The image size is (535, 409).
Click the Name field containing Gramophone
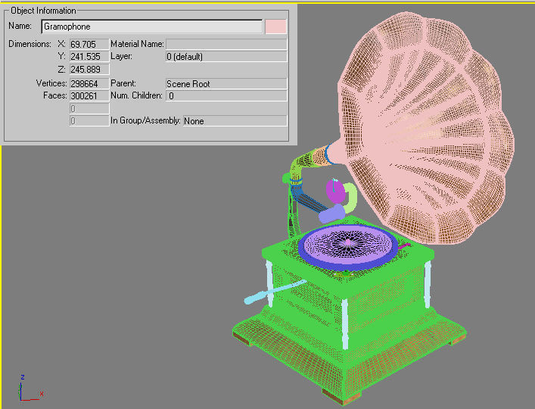click(x=151, y=27)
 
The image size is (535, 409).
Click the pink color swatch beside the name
click(x=276, y=27)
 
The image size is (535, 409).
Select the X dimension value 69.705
click(x=89, y=44)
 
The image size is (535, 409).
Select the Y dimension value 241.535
click(x=89, y=56)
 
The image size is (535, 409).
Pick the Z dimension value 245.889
click(x=89, y=69)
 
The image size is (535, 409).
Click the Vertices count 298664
click(x=89, y=83)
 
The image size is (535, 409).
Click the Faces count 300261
click(x=89, y=95)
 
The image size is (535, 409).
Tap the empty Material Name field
click(x=226, y=44)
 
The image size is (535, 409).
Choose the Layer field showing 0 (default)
click(x=226, y=56)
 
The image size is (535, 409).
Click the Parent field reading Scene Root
click(x=226, y=83)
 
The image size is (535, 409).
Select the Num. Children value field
click(x=226, y=95)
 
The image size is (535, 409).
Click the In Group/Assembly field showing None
click(x=235, y=120)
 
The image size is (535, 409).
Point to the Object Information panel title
click(x=43, y=11)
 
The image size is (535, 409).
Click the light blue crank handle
click(x=274, y=292)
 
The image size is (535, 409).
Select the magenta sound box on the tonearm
click(x=334, y=189)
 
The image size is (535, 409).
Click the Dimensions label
click(x=30, y=44)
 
